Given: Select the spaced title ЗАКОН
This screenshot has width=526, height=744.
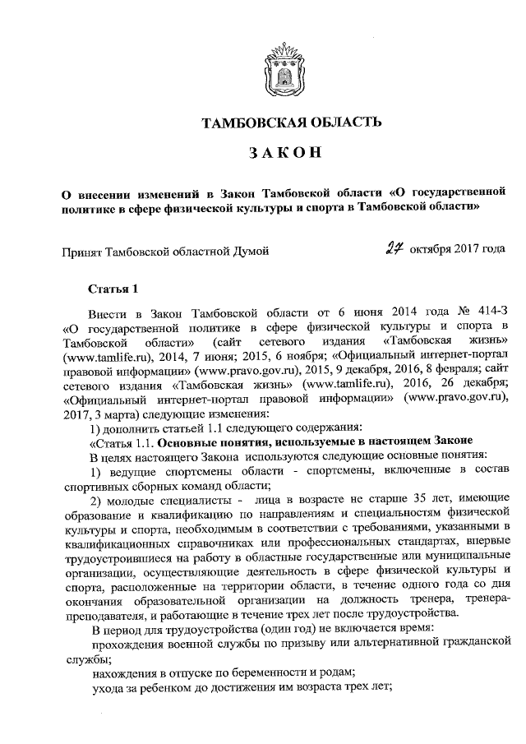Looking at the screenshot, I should tap(283, 153).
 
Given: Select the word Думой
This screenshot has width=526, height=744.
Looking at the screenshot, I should tap(249, 249).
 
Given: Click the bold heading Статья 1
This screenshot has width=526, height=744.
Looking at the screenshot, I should tap(114, 289).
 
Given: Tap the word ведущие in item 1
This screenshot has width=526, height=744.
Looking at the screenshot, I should tap(130, 471).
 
